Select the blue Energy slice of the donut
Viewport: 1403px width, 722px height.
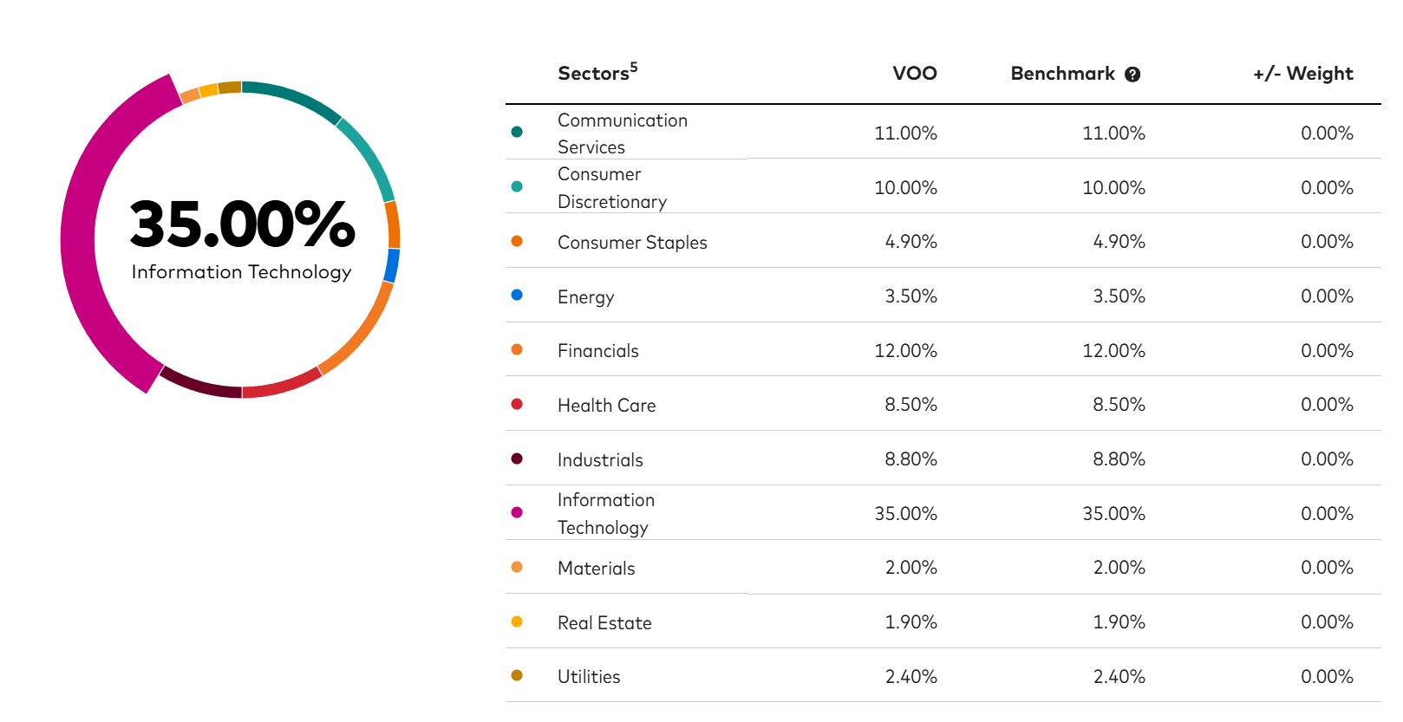pyautogui.click(x=392, y=265)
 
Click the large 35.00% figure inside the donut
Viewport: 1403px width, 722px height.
pyautogui.click(x=242, y=224)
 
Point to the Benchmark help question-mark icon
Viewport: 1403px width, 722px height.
pyautogui.click(x=1132, y=75)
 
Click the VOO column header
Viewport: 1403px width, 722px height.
pyautogui.click(x=915, y=74)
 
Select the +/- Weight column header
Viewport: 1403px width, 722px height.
pyautogui.click(x=1302, y=74)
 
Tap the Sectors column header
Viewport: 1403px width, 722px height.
pyautogui.click(x=597, y=72)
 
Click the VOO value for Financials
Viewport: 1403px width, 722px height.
pyautogui.click(x=905, y=351)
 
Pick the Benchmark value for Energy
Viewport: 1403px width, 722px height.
pyautogui.click(x=1119, y=296)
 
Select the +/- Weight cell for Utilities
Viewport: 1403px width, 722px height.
pyautogui.click(x=1328, y=677)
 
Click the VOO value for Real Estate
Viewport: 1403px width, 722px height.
pyautogui.click(x=910, y=622)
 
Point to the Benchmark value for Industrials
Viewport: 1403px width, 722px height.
pyautogui.click(x=1119, y=459)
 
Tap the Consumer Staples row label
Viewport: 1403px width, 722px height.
pyautogui.click(x=632, y=243)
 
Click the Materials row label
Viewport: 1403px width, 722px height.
pyautogui.click(x=597, y=569)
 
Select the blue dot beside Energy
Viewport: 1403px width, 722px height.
pyautogui.click(x=517, y=295)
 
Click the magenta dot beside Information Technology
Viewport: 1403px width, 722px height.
pyautogui.click(x=517, y=513)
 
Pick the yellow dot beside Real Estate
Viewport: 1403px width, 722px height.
pyautogui.click(x=517, y=621)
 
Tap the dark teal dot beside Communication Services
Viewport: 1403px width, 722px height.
pyautogui.click(x=517, y=132)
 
